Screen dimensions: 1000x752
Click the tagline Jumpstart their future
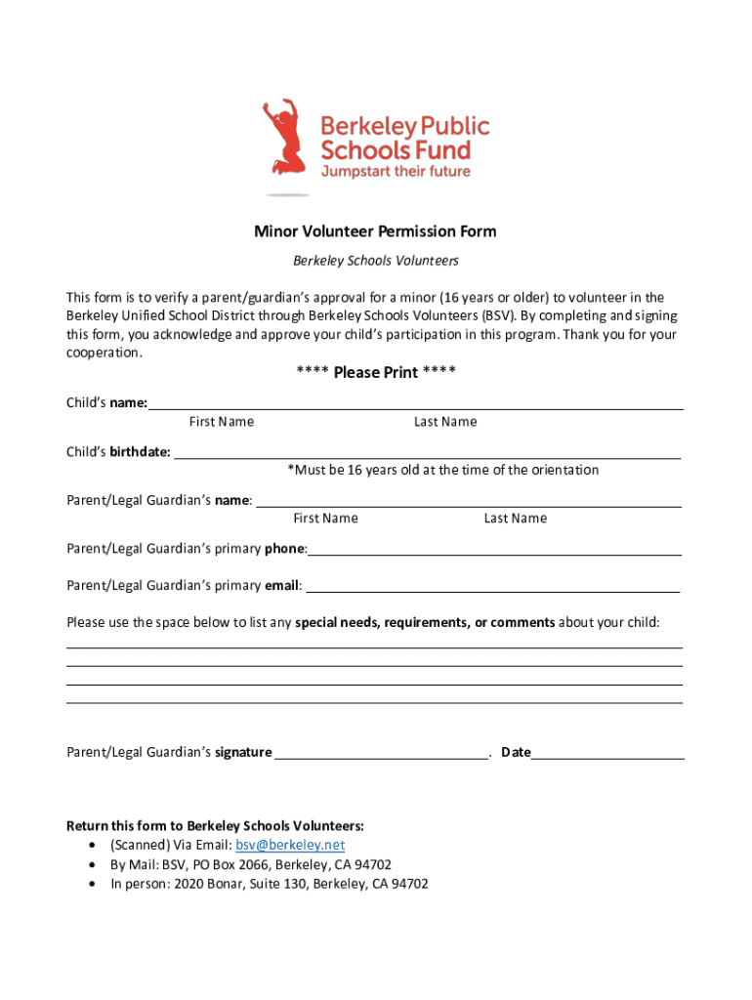396,172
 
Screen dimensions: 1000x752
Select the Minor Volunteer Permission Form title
375,231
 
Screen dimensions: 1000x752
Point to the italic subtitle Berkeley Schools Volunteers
376,261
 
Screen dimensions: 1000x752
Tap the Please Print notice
375,372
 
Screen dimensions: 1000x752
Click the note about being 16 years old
442,470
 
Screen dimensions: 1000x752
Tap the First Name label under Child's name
222,422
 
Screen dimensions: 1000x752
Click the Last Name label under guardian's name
515,519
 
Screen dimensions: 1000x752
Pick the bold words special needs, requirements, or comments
425,622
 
